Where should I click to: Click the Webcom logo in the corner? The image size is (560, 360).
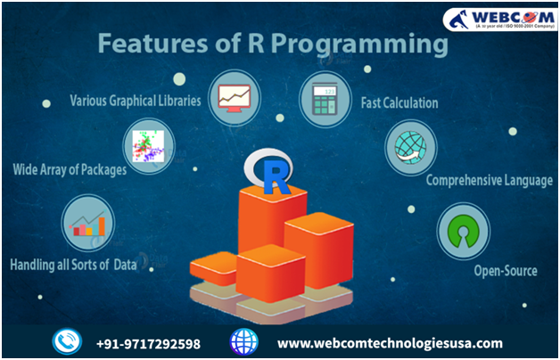[x=496, y=19]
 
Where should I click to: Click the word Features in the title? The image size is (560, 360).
[x=142, y=43]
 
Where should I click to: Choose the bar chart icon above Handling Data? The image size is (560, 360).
[x=88, y=221]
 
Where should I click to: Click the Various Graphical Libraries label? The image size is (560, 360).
[x=135, y=100]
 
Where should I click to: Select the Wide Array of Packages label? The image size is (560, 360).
[x=69, y=169]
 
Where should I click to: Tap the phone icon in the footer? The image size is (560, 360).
[x=66, y=342]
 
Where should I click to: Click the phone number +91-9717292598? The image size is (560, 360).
[x=148, y=343]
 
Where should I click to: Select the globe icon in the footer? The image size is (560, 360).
[x=243, y=342]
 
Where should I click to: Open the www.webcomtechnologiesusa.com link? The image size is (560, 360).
[x=390, y=343]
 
